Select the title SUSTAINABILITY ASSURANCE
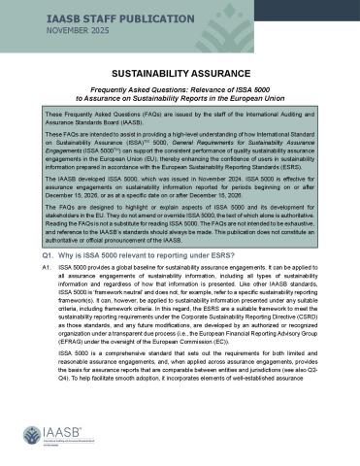[180, 73]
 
